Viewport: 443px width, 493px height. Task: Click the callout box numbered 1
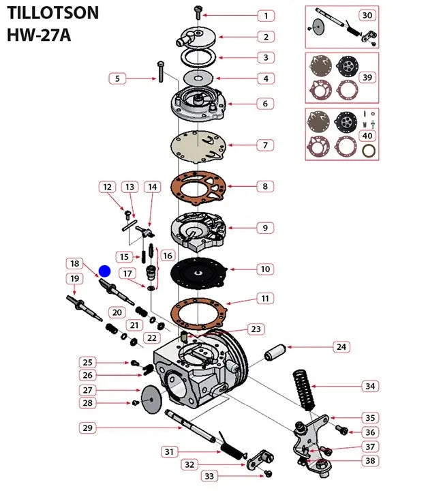coord(266,15)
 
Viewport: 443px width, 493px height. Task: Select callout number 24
coord(340,347)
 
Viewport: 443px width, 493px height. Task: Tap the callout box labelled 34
coord(369,387)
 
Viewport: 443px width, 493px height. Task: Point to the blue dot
coord(104,271)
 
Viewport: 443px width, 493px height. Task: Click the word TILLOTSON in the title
coord(53,13)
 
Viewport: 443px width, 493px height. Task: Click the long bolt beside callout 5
coord(159,72)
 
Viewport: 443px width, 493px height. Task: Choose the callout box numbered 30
coord(367,15)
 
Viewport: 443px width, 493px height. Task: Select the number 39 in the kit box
coord(367,78)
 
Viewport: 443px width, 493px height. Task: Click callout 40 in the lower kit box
coord(367,135)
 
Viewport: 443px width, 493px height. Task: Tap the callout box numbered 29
coord(87,428)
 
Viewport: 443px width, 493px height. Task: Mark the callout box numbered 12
coord(106,186)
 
